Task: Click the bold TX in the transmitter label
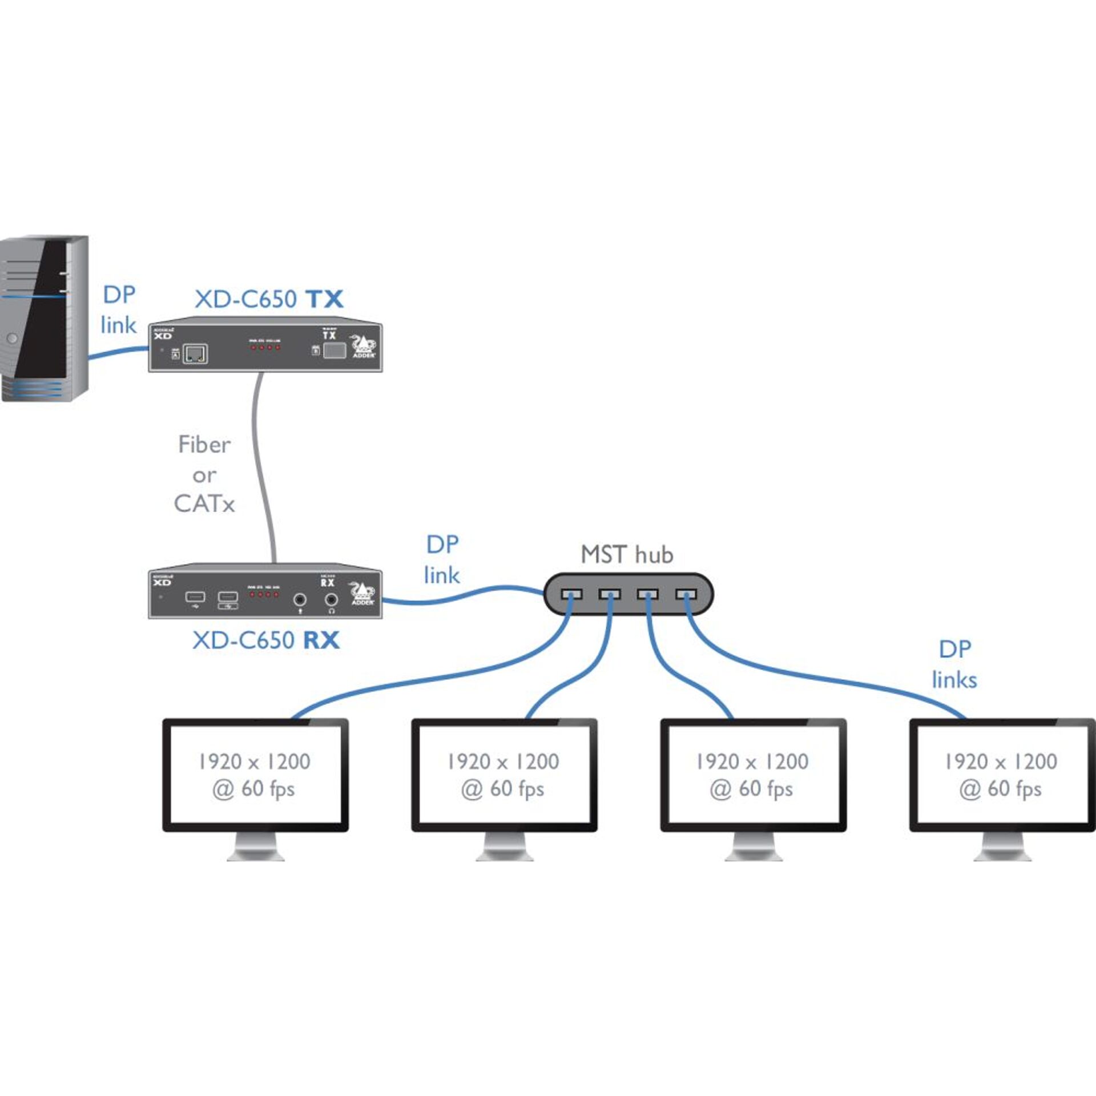pyautogui.click(x=324, y=299)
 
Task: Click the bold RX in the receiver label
pyautogui.click(x=321, y=640)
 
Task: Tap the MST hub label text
pyautogui.click(x=627, y=554)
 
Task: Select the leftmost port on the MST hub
pyautogui.click(x=571, y=594)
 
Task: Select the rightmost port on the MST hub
pyautogui.click(x=686, y=594)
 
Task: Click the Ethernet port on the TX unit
pyautogui.click(x=195, y=353)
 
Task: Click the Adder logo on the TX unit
pyautogui.click(x=364, y=346)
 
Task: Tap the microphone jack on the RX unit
pyautogui.click(x=300, y=600)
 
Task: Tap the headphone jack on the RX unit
pyautogui.click(x=331, y=600)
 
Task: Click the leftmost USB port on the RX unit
pyautogui.click(x=195, y=597)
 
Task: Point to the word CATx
pyautogui.click(x=204, y=503)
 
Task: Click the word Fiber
pyautogui.click(x=204, y=445)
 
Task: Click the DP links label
pyautogui.click(x=954, y=664)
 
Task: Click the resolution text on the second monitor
pyautogui.click(x=503, y=761)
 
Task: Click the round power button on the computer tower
pyautogui.click(x=13, y=339)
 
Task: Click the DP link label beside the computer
pyautogui.click(x=119, y=310)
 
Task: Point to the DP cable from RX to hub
pyautogui.click(x=462, y=595)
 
